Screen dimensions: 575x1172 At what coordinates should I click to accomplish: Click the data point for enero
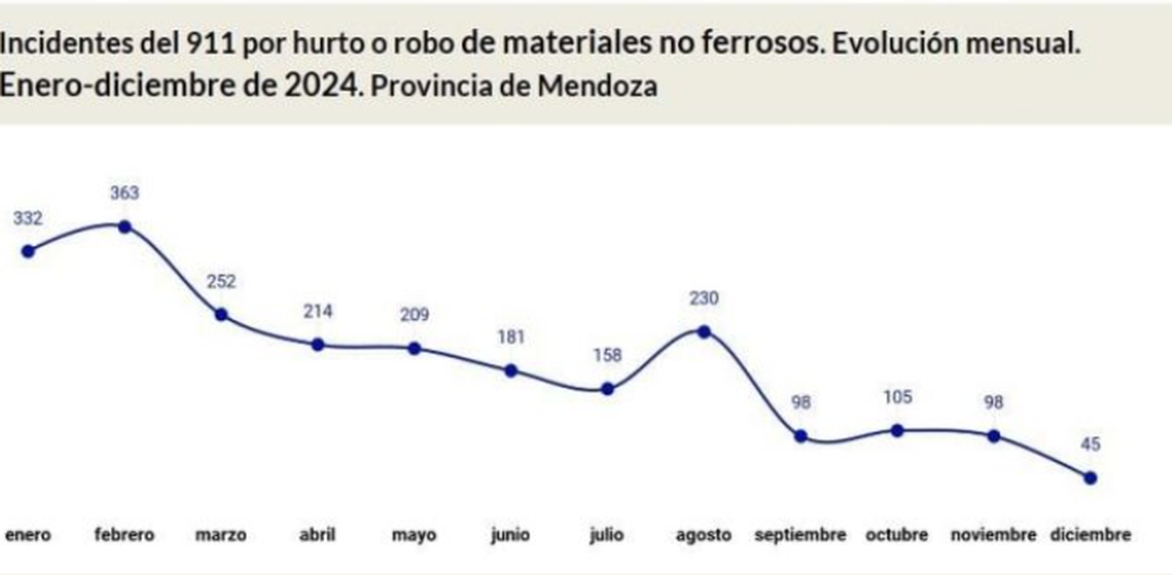(x=28, y=251)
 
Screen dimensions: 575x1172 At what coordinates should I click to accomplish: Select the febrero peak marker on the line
(x=125, y=226)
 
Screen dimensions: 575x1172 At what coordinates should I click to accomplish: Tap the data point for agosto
(x=704, y=331)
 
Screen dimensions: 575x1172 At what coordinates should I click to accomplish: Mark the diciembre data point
(x=1090, y=477)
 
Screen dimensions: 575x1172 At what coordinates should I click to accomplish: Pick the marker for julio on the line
(x=607, y=389)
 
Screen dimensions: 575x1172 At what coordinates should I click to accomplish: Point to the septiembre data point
(x=801, y=436)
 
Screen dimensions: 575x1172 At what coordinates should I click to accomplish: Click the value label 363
(x=125, y=193)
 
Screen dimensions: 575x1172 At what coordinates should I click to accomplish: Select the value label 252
(x=222, y=281)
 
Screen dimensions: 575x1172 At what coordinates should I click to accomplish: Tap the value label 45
(x=1090, y=444)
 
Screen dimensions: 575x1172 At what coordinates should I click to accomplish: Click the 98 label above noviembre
(x=994, y=402)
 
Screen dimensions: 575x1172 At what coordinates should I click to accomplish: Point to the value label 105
(x=898, y=396)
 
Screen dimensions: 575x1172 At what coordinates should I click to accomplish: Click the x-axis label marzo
(x=221, y=535)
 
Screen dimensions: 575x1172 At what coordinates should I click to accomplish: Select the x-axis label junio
(x=511, y=535)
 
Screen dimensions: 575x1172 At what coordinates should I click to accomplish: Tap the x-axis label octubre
(x=898, y=535)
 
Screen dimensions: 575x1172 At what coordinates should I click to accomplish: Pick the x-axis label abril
(x=317, y=535)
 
